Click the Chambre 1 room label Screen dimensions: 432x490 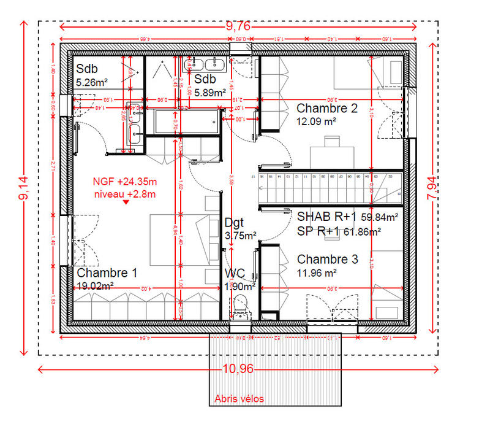coord(107,272)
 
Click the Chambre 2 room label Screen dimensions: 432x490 coord(326,108)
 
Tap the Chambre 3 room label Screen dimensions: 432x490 coord(327,259)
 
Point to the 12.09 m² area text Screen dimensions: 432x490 coord(317,121)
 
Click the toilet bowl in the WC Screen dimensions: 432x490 coord(240,304)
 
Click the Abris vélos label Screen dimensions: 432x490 coord(239,399)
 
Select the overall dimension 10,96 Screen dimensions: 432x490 coord(238,369)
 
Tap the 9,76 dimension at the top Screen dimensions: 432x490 coord(238,25)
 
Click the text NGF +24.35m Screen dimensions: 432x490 coord(125,182)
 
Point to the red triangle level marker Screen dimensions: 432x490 coord(126,204)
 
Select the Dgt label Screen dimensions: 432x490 coord(235,222)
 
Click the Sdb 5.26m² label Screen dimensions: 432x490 coord(92,74)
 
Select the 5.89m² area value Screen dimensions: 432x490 coord(211,93)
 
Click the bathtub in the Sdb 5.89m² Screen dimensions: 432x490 coord(186,123)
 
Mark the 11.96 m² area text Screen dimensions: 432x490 coord(317,272)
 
